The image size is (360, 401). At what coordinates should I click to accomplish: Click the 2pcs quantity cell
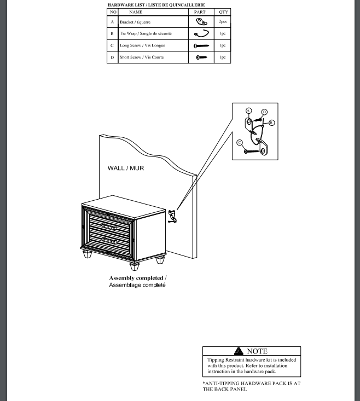pos(223,22)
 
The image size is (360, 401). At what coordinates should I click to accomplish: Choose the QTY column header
pos(223,11)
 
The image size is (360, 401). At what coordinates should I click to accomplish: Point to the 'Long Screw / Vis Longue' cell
pos(142,45)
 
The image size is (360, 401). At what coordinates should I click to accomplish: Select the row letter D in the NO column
pos(112,57)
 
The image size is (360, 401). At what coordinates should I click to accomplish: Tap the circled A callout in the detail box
pos(248,111)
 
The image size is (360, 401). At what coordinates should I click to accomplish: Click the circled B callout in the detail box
pos(271,123)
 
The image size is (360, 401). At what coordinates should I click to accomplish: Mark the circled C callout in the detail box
pos(240,143)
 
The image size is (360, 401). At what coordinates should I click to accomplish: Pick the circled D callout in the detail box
pos(264,112)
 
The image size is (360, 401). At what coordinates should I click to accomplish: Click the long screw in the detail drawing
pos(254,150)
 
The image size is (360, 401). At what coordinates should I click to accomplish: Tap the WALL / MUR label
pos(125,168)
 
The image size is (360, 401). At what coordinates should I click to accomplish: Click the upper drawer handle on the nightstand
pos(110,226)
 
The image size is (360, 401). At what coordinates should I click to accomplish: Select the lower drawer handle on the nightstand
pos(110,240)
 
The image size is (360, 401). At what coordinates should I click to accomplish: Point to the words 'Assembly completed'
pos(136,278)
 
